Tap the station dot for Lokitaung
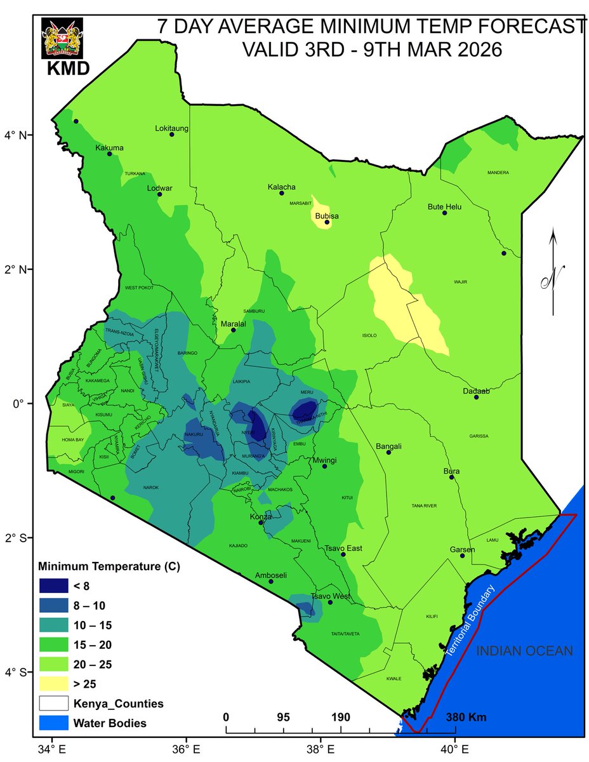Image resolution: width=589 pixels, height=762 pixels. click(171, 134)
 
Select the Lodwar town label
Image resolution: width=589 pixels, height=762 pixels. click(160, 187)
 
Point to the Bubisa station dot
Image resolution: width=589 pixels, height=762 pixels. click(327, 222)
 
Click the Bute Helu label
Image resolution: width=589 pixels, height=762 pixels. click(444, 207)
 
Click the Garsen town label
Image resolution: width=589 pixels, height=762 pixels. click(462, 549)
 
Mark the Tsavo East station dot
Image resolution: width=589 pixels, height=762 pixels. click(343, 554)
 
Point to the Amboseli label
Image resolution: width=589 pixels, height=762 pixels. click(270, 575)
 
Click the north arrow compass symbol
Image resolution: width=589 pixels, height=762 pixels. click(553, 273)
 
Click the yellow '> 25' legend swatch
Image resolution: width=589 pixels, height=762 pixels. click(56, 684)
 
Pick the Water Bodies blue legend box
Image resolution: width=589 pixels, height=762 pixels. click(56, 723)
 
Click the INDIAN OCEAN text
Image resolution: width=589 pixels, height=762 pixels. click(524, 651)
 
